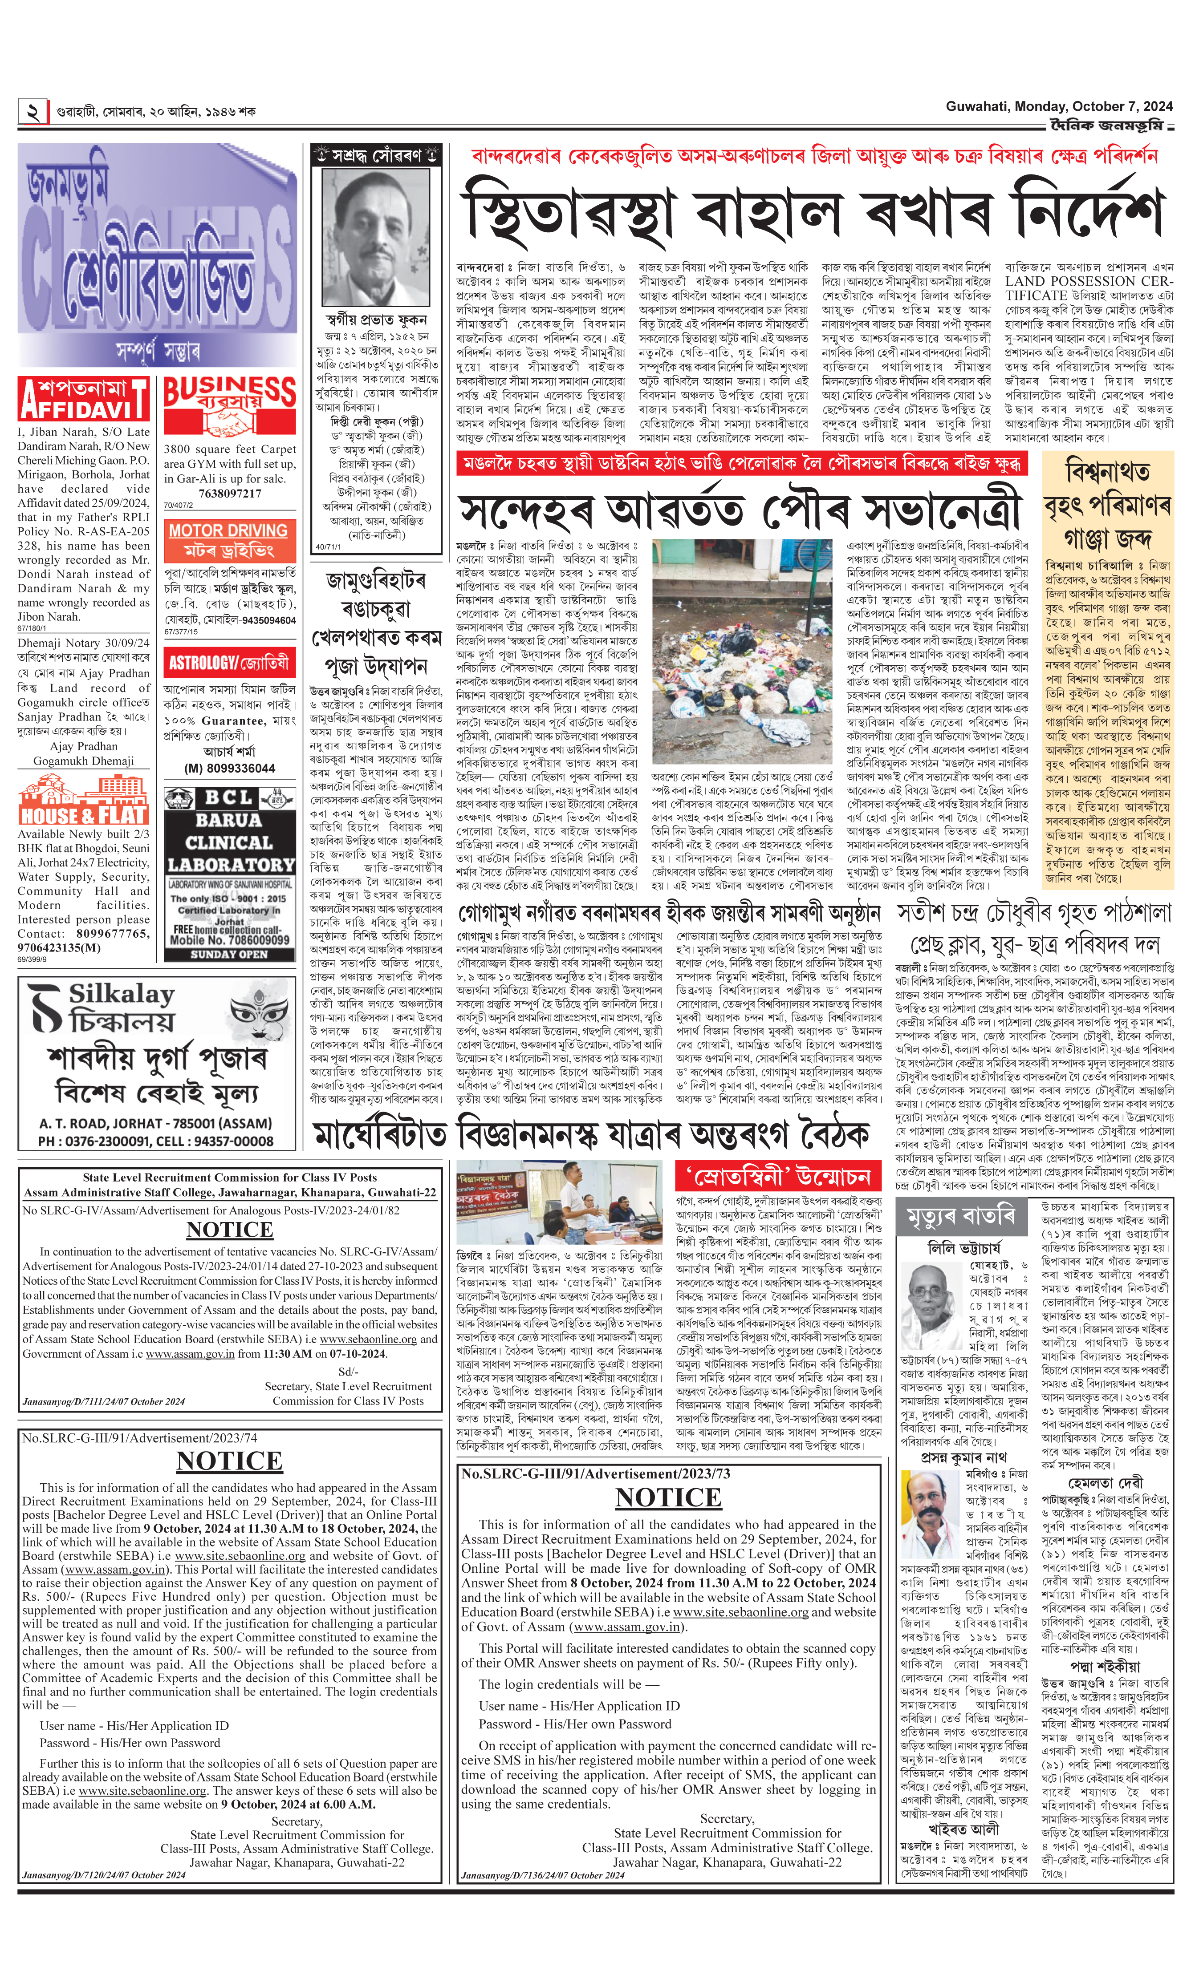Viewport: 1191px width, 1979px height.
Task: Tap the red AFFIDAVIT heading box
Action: click(83, 399)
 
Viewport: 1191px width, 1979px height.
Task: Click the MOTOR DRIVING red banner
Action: click(229, 540)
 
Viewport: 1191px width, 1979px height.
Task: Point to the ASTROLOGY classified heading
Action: click(229, 663)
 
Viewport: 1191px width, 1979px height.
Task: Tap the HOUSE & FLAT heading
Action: click(83, 803)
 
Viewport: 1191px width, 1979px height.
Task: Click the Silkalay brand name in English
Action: click(120, 994)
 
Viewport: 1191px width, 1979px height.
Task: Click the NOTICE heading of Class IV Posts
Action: click(230, 1230)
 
